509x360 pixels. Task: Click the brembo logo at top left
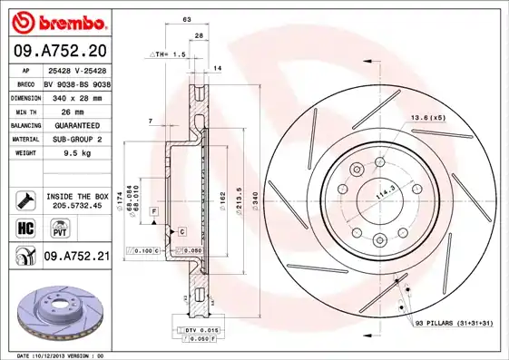tap(59, 21)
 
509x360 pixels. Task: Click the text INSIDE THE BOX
tap(76, 195)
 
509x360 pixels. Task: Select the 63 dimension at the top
tap(186, 18)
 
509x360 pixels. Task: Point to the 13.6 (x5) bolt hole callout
tap(428, 117)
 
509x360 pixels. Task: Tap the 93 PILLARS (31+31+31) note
tap(454, 324)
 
